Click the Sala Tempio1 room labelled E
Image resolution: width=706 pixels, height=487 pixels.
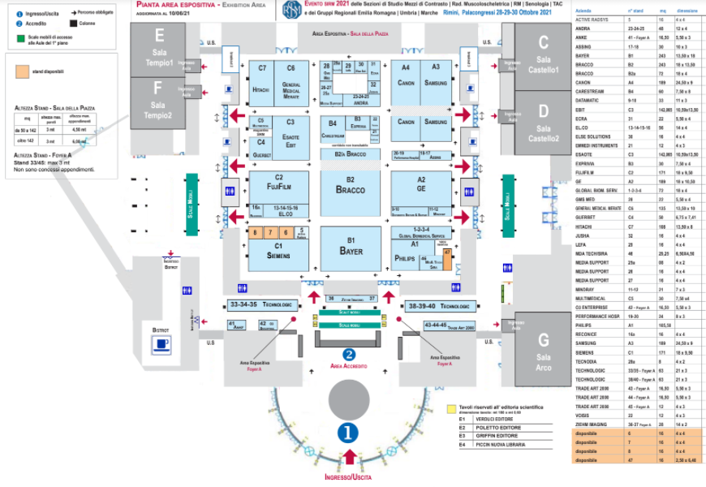click(x=159, y=50)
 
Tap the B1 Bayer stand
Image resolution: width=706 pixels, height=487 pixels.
click(x=351, y=248)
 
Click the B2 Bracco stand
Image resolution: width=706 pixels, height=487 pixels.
click(x=351, y=186)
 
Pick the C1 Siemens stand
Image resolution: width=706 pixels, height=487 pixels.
click(x=278, y=252)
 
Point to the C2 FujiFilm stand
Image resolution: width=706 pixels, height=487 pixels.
click(x=278, y=184)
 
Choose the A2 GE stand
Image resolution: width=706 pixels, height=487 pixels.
click(x=421, y=185)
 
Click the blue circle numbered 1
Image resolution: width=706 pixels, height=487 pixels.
click(x=348, y=433)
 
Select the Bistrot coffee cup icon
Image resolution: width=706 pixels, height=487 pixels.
click(x=161, y=345)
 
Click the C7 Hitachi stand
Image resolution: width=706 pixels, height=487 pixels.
click(x=262, y=84)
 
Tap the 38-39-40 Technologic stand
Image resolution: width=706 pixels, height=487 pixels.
click(x=438, y=306)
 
